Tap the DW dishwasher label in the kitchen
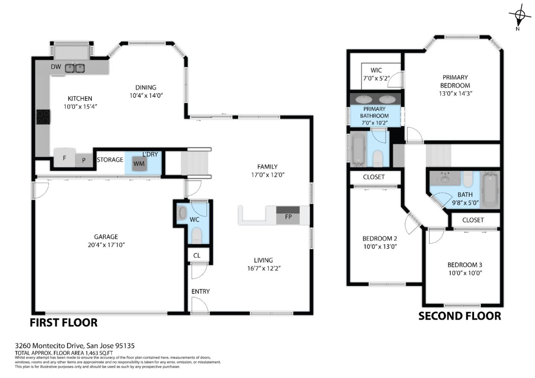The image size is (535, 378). pyautogui.click(x=56, y=67)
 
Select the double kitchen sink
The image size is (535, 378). pyautogui.click(x=75, y=68)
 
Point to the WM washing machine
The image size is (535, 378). pyautogui.click(x=139, y=164)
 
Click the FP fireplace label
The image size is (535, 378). pyautogui.click(x=288, y=216)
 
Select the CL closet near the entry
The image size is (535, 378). pyautogui.click(x=197, y=255)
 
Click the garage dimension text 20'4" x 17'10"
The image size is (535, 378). pyautogui.click(x=106, y=245)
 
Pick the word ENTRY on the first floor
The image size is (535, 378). pyautogui.click(x=201, y=291)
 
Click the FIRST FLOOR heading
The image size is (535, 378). pyautogui.click(x=64, y=323)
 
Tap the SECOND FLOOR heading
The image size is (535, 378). pyautogui.click(x=460, y=316)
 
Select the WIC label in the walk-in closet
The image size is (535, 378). pyautogui.click(x=376, y=70)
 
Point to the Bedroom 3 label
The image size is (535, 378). pyautogui.click(x=464, y=265)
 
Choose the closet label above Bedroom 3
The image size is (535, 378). pyautogui.click(x=473, y=220)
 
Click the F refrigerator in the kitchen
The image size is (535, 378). pyautogui.click(x=64, y=158)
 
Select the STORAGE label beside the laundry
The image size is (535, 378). pyautogui.click(x=110, y=160)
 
